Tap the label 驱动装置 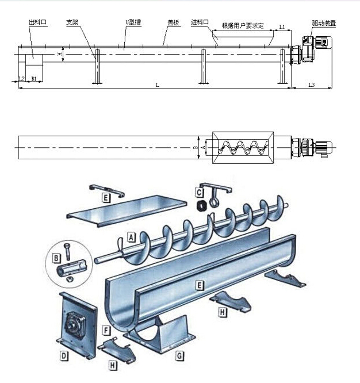324,23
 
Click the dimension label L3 311,85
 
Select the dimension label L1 282,26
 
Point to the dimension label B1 34,78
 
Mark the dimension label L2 21,78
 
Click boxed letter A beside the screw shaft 131,237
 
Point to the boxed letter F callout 106,330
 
